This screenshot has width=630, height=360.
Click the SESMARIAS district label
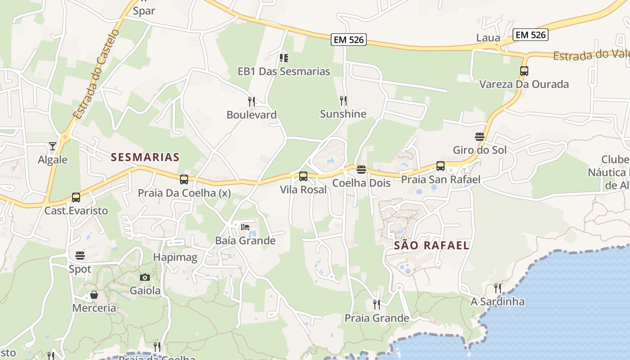145,157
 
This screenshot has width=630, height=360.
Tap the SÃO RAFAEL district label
432,245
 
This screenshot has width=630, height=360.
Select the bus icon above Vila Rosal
303,176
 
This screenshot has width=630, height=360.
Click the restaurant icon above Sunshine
343,100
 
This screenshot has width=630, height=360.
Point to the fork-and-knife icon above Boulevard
252,101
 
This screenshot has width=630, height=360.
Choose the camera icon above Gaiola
145,277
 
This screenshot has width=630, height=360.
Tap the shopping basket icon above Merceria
94,295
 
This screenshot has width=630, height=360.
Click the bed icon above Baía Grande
245,227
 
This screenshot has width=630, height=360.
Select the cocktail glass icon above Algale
53,146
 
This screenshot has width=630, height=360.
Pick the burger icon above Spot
80,256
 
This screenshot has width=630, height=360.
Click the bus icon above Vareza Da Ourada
524,71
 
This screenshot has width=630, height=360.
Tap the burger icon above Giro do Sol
480,136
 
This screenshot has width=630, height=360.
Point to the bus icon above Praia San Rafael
441,166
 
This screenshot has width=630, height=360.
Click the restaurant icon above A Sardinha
497,288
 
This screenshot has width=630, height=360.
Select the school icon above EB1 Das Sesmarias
283,58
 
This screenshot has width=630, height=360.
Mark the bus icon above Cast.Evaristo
76,197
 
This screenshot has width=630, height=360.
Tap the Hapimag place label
175,257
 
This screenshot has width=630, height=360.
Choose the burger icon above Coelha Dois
361,170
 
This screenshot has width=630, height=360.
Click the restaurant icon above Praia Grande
377,305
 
